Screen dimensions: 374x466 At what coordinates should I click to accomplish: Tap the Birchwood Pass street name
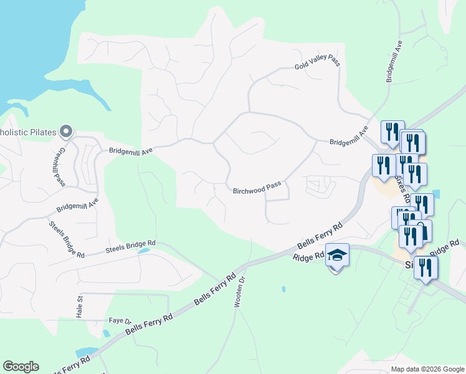257,188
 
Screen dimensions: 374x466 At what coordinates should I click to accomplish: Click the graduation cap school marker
337,256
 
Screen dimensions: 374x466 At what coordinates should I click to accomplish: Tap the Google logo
21,367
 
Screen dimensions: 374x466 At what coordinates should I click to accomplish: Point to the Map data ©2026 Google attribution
427,369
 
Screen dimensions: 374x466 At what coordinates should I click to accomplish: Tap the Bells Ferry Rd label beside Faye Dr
148,324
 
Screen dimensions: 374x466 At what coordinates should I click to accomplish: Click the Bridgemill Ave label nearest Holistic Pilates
131,151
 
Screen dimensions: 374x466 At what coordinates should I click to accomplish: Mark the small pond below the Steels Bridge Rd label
144,251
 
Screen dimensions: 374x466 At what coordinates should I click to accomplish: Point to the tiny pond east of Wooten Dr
283,289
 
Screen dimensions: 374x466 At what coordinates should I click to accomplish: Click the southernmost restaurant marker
426,267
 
